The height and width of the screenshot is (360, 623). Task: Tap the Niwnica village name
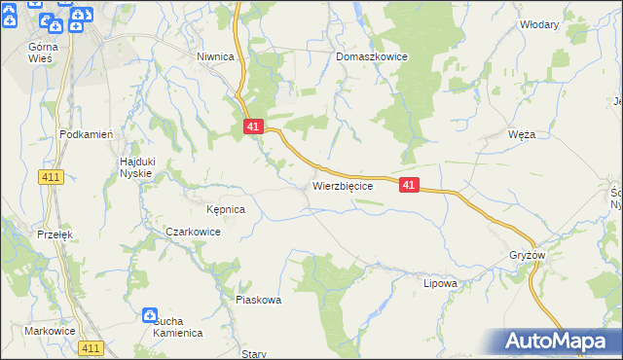[215, 56]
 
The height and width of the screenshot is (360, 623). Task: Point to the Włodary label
[539, 24]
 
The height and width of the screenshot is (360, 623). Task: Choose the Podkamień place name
[88, 134]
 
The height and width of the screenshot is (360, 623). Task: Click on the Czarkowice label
[193, 233]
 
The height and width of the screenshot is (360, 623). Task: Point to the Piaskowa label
[258, 300]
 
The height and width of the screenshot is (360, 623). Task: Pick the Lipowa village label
[440, 283]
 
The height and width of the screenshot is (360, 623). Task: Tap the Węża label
[522, 134]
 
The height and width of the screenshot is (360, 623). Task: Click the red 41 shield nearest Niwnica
[252, 126]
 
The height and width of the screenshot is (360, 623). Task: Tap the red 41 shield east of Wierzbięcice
[409, 184]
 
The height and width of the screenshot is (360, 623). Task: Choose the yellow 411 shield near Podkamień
[52, 176]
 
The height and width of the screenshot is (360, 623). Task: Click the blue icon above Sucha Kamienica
[150, 315]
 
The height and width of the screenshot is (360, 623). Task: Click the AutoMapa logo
[558, 342]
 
